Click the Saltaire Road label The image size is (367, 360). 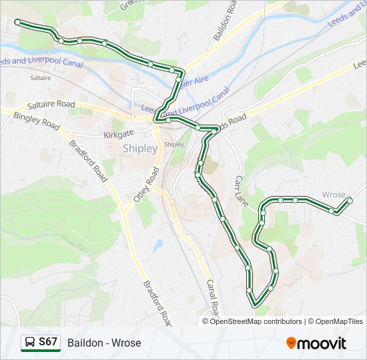pyautogui.click(x=51, y=105)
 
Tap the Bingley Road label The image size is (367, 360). pyautogui.click(x=37, y=121)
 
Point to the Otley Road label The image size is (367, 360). pyautogui.click(x=146, y=185)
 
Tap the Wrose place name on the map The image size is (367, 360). pyautogui.click(x=334, y=195)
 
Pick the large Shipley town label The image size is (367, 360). pyautogui.click(x=140, y=149)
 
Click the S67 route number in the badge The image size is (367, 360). pyautogui.click(x=47, y=342)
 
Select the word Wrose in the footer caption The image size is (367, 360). pyautogui.click(x=127, y=343)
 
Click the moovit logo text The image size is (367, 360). pyautogui.click(x=321, y=343)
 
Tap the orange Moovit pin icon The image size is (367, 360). pyautogui.click(x=291, y=343)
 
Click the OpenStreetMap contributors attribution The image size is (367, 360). pyautogui.click(x=256, y=321)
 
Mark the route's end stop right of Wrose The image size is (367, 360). pyautogui.click(x=350, y=200)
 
